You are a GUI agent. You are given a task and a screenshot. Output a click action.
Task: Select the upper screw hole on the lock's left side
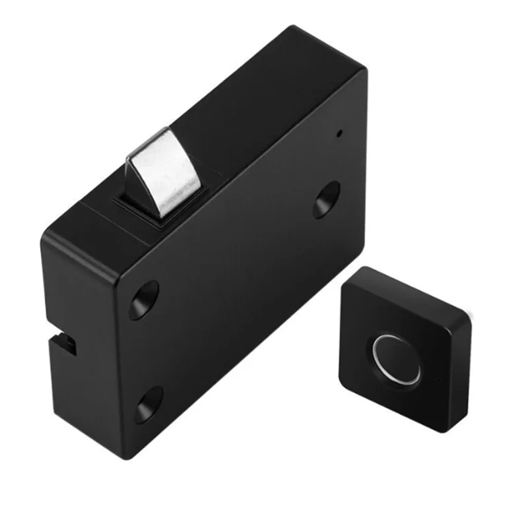(144, 300)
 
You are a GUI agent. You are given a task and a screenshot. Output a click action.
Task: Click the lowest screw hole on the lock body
(149, 404)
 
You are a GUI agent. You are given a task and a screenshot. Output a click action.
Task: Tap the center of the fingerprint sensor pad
(397, 359)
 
